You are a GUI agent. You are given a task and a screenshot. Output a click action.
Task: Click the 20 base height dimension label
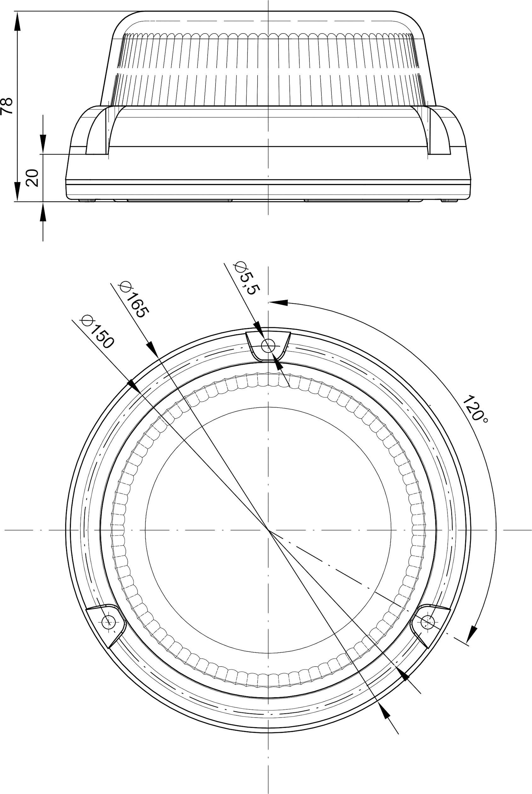coord(32,178)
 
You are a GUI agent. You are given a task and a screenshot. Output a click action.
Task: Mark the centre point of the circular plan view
coord(268,529)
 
